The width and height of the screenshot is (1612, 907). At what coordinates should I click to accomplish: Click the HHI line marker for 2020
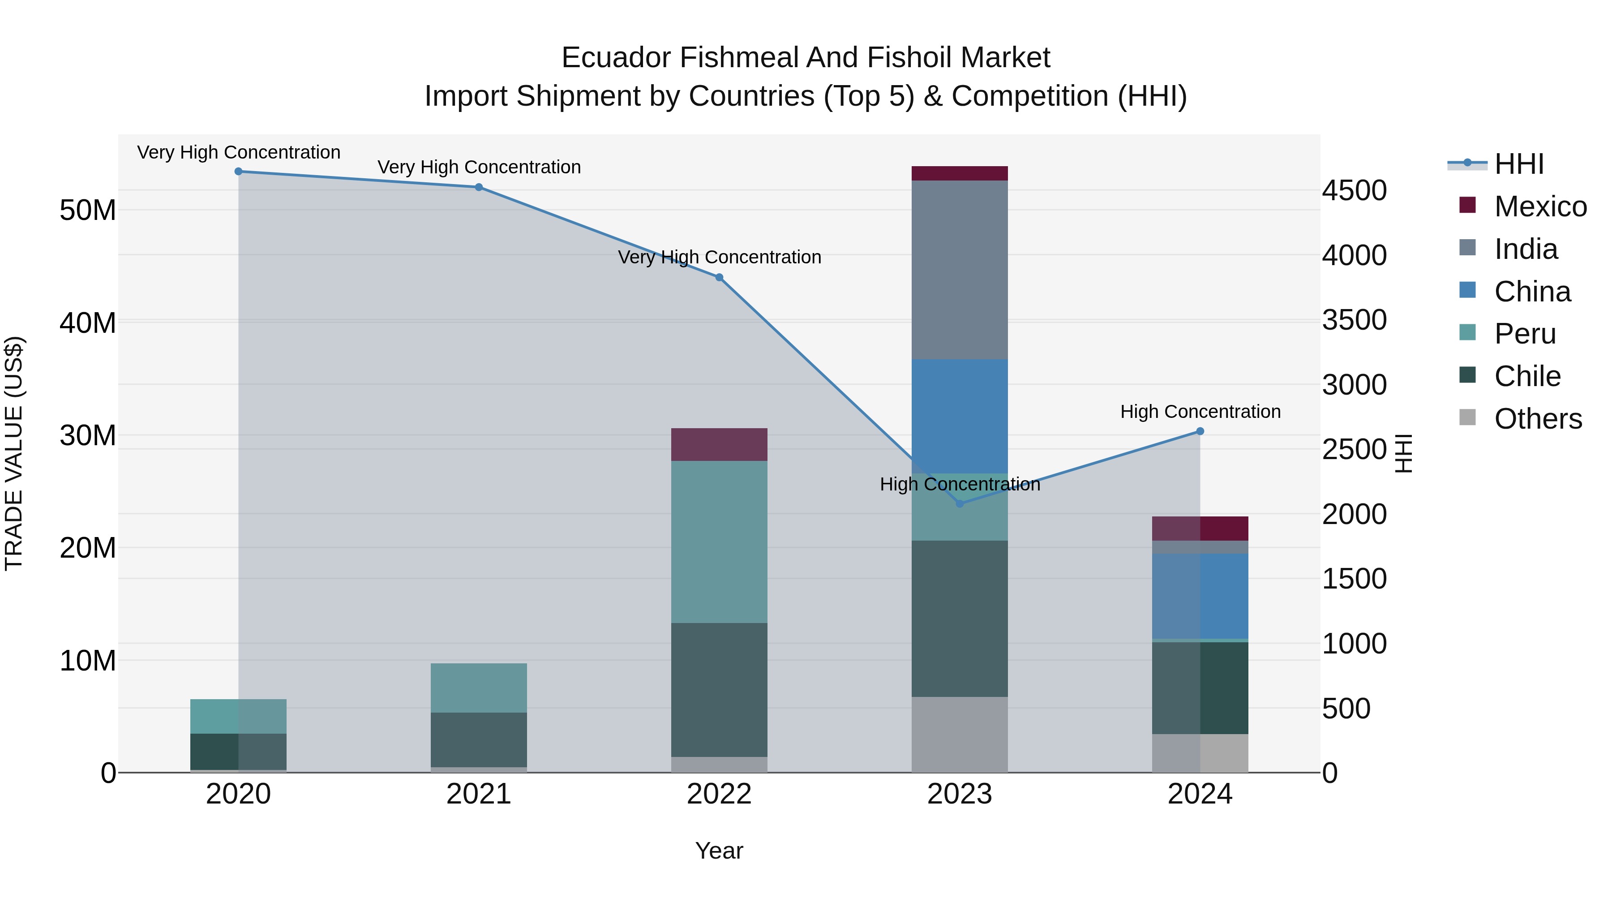point(238,172)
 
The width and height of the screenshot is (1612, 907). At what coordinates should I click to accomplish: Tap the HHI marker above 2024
point(1200,431)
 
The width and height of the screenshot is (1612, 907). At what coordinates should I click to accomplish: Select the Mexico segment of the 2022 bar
point(719,444)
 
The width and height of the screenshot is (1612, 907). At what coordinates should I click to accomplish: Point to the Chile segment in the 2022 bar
point(719,690)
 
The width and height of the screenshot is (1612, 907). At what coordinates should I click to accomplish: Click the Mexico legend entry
point(1539,206)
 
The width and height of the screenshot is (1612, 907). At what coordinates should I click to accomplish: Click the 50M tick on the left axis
point(88,211)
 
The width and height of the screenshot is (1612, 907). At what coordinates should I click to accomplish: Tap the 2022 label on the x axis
point(719,794)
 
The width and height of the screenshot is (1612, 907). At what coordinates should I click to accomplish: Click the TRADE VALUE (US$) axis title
point(14,453)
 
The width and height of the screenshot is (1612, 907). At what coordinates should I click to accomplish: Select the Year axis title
point(719,851)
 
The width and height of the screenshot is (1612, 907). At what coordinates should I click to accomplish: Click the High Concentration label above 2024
point(1200,412)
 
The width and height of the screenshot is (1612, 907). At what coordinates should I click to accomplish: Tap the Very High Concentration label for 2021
point(479,167)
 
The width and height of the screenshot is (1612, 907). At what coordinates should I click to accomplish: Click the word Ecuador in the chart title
point(617,58)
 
